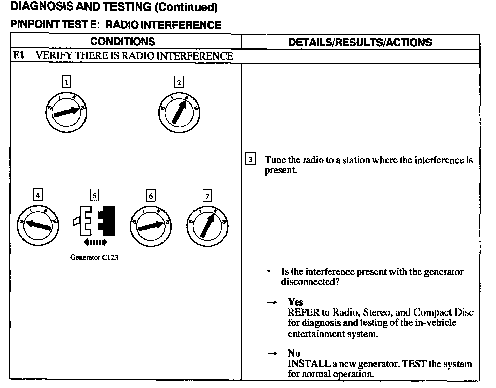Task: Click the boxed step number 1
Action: pos(67,82)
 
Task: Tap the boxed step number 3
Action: pos(250,160)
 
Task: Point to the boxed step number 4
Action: pos(38,195)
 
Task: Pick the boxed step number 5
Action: pos(94,195)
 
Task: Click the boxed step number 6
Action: pos(151,196)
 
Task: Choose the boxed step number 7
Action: pos(207,196)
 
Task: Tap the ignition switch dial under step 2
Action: pos(179,113)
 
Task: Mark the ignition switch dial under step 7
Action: pos(207,227)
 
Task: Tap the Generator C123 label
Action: pos(94,257)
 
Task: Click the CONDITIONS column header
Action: pos(123,42)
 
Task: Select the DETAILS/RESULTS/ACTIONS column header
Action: pos(360,42)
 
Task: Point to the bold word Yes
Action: pos(295,302)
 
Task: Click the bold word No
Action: pos(294,353)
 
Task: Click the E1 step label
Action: pos(18,56)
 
